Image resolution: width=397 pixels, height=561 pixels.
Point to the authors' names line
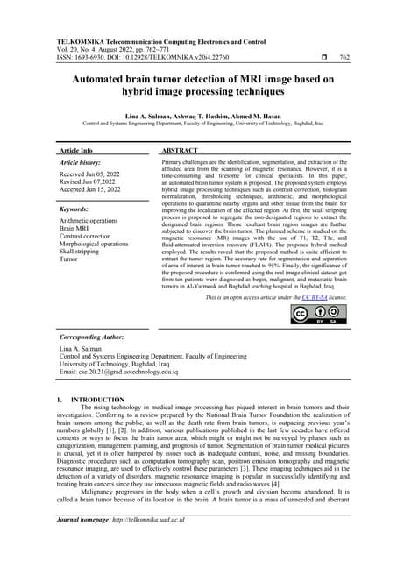[x=198, y=116]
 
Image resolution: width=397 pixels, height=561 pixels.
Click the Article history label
[x=82, y=164]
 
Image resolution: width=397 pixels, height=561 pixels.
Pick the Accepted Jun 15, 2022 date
[x=94, y=193]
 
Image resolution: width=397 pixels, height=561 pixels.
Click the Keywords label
[x=77, y=210]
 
